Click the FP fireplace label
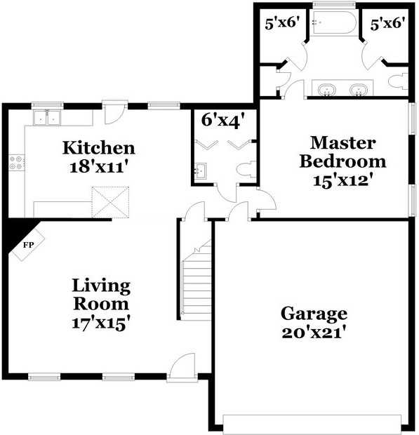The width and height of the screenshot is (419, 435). pyautogui.click(x=28, y=245)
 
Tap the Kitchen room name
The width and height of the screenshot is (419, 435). pyautogui.click(x=99, y=148)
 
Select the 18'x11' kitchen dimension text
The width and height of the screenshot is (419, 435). pyautogui.click(x=99, y=167)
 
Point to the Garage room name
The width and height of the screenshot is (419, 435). pyautogui.click(x=314, y=314)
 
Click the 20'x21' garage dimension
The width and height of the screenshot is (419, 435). pyautogui.click(x=314, y=332)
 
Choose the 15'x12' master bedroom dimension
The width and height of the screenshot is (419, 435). pyautogui.click(x=342, y=180)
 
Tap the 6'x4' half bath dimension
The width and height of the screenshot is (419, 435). pyautogui.click(x=222, y=120)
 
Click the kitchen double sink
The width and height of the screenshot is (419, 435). pyautogui.click(x=46, y=118)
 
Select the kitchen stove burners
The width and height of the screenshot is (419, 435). pyautogui.click(x=16, y=163)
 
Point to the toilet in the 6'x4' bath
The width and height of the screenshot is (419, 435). pyautogui.click(x=246, y=169)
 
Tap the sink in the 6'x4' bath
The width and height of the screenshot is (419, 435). pyautogui.click(x=200, y=171)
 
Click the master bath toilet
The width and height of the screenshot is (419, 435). pyautogui.click(x=398, y=81)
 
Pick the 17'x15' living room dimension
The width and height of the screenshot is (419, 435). pyautogui.click(x=101, y=323)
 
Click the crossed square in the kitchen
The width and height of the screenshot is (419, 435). pyautogui.click(x=110, y=201)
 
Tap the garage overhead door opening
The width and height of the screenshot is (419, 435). pyautogui.click(x=312, y=423)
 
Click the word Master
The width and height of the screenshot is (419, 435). pyautogui.click(x=343, y=143)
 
